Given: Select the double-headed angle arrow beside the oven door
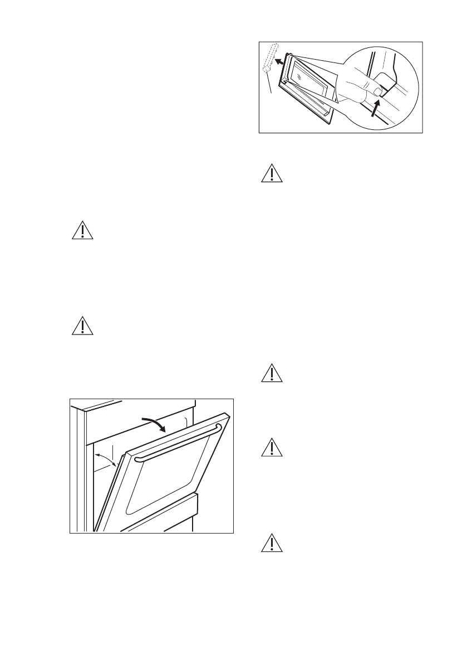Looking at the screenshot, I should pos(106,461).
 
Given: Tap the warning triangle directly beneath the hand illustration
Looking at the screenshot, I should pos(272,174).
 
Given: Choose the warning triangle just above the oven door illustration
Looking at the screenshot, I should pos(83,326).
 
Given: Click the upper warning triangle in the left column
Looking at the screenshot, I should pos(83,230).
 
